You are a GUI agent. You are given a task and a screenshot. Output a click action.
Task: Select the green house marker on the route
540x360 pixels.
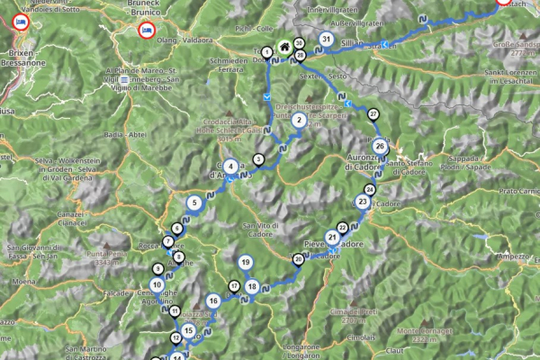[x=283, y=47]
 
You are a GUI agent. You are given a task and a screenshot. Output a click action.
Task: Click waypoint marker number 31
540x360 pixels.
[x=325, y=40]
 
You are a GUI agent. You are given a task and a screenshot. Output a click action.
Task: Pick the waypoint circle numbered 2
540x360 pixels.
[x=299, y=130]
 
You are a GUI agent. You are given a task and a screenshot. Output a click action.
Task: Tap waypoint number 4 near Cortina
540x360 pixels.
[x=231, y=166]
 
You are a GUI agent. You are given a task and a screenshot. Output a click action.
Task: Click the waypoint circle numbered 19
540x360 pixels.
[x=246, y=263]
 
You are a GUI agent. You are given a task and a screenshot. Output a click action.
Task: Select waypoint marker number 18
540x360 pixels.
[x=252, y=287]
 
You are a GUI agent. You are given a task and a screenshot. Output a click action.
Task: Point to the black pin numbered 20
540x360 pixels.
[x=298, y=259]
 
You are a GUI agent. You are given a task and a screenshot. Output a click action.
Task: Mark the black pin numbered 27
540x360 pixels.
[x=373, y=113]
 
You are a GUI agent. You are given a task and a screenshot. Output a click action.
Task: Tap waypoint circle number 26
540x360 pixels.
[x=380, y=146]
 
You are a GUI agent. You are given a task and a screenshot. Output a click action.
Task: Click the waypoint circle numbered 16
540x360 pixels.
[x=212, y=301]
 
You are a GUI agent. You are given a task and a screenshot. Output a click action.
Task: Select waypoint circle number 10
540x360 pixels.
[x=157, y=285]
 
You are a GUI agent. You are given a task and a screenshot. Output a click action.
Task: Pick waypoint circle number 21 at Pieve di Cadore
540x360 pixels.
[x=332, y=238]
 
